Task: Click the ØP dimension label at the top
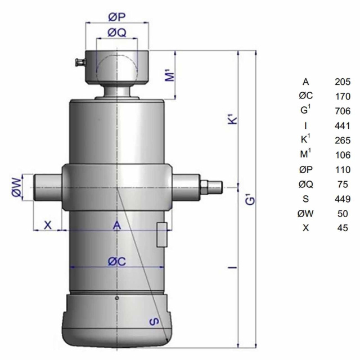coord(117,17)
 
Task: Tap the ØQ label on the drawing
coord(117,33)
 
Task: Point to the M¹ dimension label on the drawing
coord(170,75)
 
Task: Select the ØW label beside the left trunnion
coord(16,187)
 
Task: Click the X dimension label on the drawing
coord(48,225)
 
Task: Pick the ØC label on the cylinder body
coord(117,261)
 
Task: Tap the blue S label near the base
coord(154,321)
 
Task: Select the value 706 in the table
coord(343,111)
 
